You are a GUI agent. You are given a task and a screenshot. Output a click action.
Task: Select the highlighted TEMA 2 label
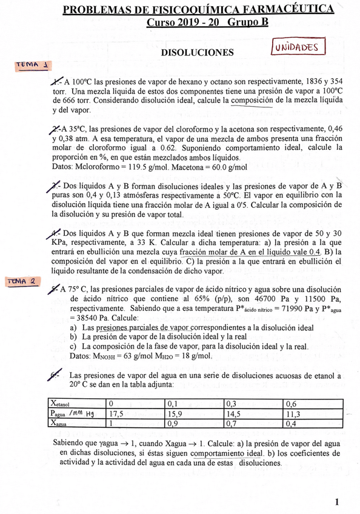point(22,281)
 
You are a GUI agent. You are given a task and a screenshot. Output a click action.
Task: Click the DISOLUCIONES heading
point(197,53)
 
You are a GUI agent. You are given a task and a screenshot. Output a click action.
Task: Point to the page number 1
point(337,502)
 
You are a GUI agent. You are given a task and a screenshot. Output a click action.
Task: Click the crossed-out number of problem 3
point(56,185)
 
